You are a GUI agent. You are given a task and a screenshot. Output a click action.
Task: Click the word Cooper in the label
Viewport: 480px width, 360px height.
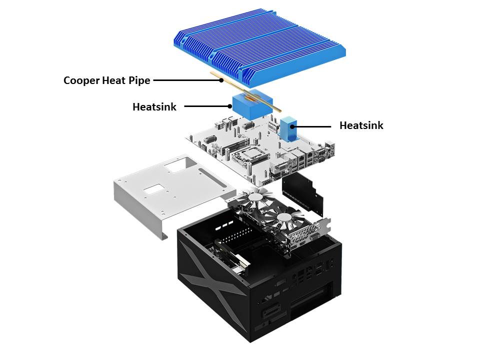coord(80,80)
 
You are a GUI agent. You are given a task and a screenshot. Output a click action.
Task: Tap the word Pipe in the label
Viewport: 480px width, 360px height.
coord(138,80)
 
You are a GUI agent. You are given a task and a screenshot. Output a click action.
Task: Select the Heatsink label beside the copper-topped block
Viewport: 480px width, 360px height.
coord(154,106)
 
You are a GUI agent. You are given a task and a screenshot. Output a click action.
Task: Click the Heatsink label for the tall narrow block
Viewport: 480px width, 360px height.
coord(361,125)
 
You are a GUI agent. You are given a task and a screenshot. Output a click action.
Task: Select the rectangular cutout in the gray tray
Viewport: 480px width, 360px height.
coord(155,190)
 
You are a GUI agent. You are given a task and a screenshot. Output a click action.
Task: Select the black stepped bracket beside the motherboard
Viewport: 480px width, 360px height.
coord(302,192)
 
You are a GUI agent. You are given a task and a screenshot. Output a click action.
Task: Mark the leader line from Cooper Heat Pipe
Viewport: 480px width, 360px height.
coord(187,79)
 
